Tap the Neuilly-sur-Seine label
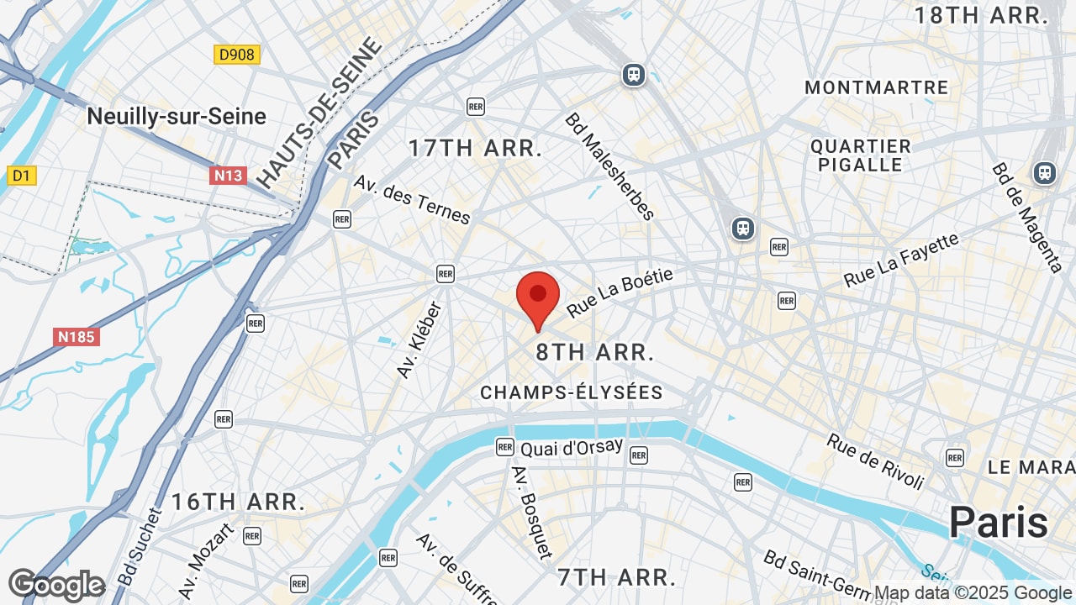(x=177, y=117)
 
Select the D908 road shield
(x=236, y=55)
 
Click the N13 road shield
(x=228, y=176)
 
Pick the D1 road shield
(x=21, y=176)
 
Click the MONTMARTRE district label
(x=876, y=87)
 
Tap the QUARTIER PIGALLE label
(x=861, y=155)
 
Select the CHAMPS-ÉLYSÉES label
(x=572, y=392)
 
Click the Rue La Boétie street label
(x=620, y=293)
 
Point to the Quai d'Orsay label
(x=572, y=448)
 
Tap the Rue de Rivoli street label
(x=875, y=461)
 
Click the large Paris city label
(x=999, y=523)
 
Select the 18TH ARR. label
(x=981, y=15)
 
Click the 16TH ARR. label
(x=238, y=502)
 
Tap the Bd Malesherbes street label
(x=609, y=166)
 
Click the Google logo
(x=56, y=585)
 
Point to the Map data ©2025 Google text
(x=973, y=593)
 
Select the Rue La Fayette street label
(x=901, y=260)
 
